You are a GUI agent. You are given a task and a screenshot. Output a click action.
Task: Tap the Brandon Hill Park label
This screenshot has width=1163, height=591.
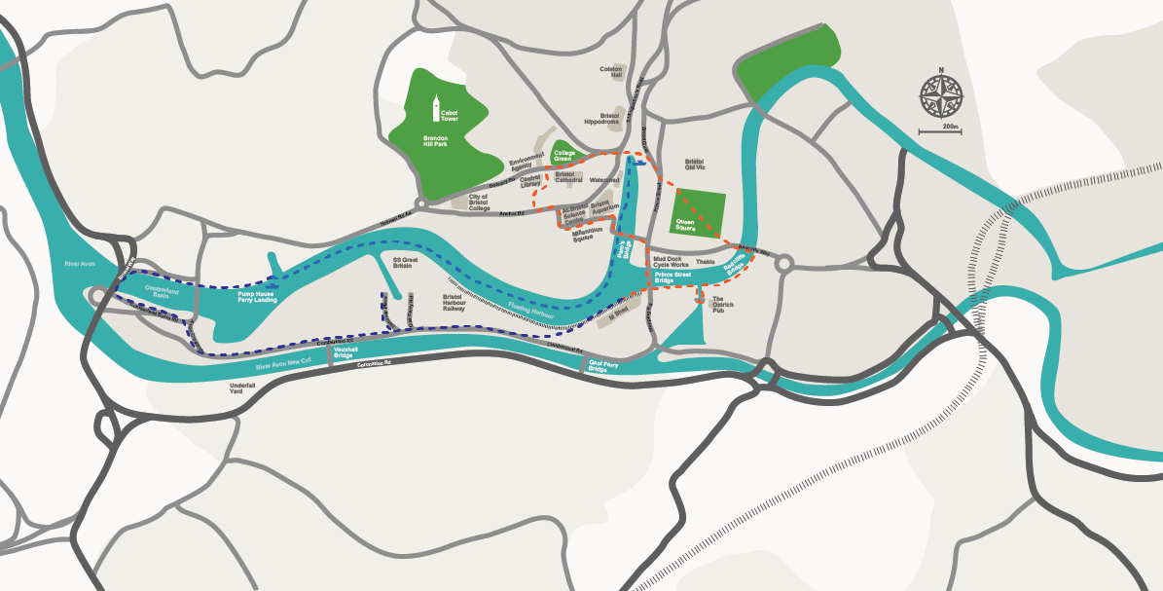[x=435, y=142]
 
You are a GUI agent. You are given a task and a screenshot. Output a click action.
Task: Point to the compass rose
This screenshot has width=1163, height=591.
[x=940, y=95]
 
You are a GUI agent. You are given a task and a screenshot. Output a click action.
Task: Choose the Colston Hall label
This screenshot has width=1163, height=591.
[x=611, y=71]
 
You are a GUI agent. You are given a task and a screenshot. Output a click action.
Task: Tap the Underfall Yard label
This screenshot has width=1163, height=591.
[x=242, y=388]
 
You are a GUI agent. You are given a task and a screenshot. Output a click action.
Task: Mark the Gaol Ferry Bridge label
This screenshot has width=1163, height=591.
[x=598, y=368]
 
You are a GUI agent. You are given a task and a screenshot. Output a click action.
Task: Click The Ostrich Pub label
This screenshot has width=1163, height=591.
[x=723, y=303]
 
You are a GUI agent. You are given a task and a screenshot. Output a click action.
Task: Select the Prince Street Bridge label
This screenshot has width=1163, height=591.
[x=672, y=278]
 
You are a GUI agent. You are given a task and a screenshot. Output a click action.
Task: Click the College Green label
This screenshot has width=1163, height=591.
[x=564, y=155]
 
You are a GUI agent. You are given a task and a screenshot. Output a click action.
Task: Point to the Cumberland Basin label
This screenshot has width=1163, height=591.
[x=164, y=292]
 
